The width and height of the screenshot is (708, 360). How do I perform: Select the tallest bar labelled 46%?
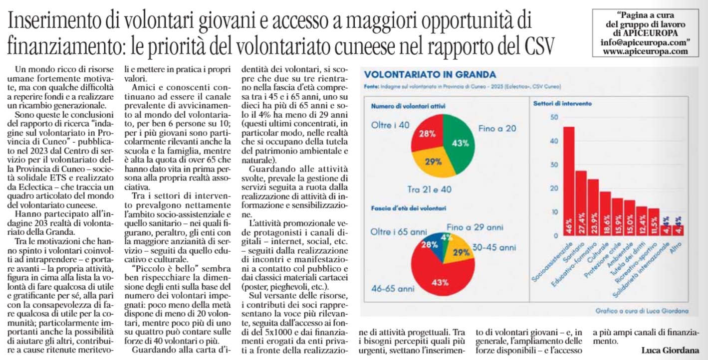[568, 180]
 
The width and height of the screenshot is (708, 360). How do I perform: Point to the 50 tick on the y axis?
[553, 118]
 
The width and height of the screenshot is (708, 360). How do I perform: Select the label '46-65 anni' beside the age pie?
[392, 288]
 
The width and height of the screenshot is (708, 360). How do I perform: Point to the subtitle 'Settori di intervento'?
[562, 104]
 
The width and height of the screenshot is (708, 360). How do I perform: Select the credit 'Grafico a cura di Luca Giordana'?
[641, 310]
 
